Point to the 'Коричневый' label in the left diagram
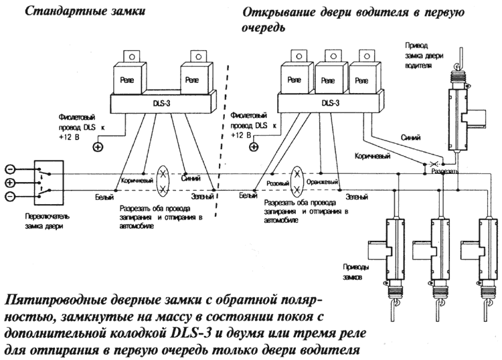pyautogui.click(x=139, y=180)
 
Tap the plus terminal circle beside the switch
pyautogui.click(x=9, y=183)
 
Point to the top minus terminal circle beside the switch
pyautogui.click(x=9, y=169)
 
